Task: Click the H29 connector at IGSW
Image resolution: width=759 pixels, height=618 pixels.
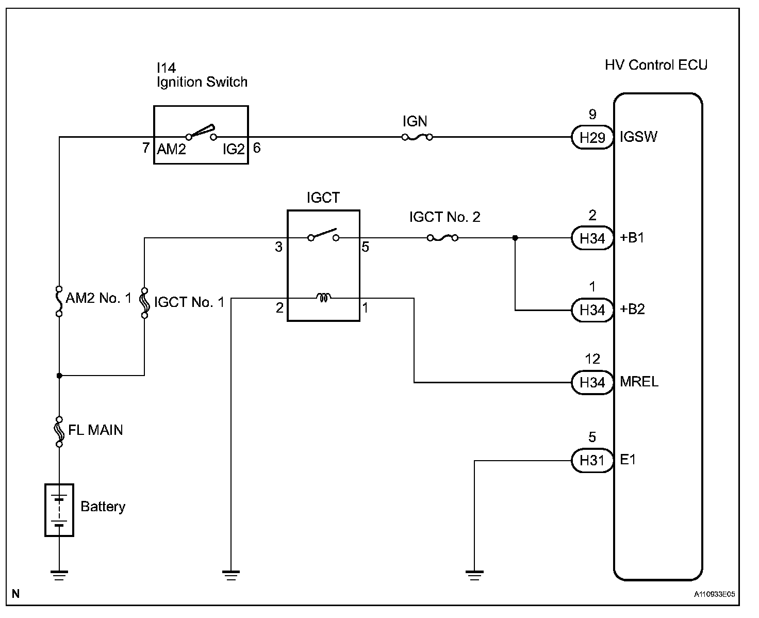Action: [592, 137]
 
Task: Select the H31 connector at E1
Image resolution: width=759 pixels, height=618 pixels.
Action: [592, 460]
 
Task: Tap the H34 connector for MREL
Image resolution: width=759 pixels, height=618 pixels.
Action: [592, 382]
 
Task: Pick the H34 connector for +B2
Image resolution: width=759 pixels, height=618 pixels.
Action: [592, 310]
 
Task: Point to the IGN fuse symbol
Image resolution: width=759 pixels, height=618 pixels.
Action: [417, 137]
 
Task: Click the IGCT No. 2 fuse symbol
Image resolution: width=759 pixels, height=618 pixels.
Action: [442, 238]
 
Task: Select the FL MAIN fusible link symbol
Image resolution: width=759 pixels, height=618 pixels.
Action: [59, 431]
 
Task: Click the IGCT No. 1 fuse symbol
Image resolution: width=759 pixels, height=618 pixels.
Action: [144, 303]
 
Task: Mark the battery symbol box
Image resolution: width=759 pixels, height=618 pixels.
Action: [59, 510]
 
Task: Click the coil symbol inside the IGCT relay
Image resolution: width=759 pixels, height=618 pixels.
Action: [323, 298]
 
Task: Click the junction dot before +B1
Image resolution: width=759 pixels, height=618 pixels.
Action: [515, 238]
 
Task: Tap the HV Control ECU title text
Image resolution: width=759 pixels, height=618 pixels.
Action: [656, 65]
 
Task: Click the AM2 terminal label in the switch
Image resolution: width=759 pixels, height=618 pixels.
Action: [171, 149]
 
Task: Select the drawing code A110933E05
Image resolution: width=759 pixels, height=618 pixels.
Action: [714, 594]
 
